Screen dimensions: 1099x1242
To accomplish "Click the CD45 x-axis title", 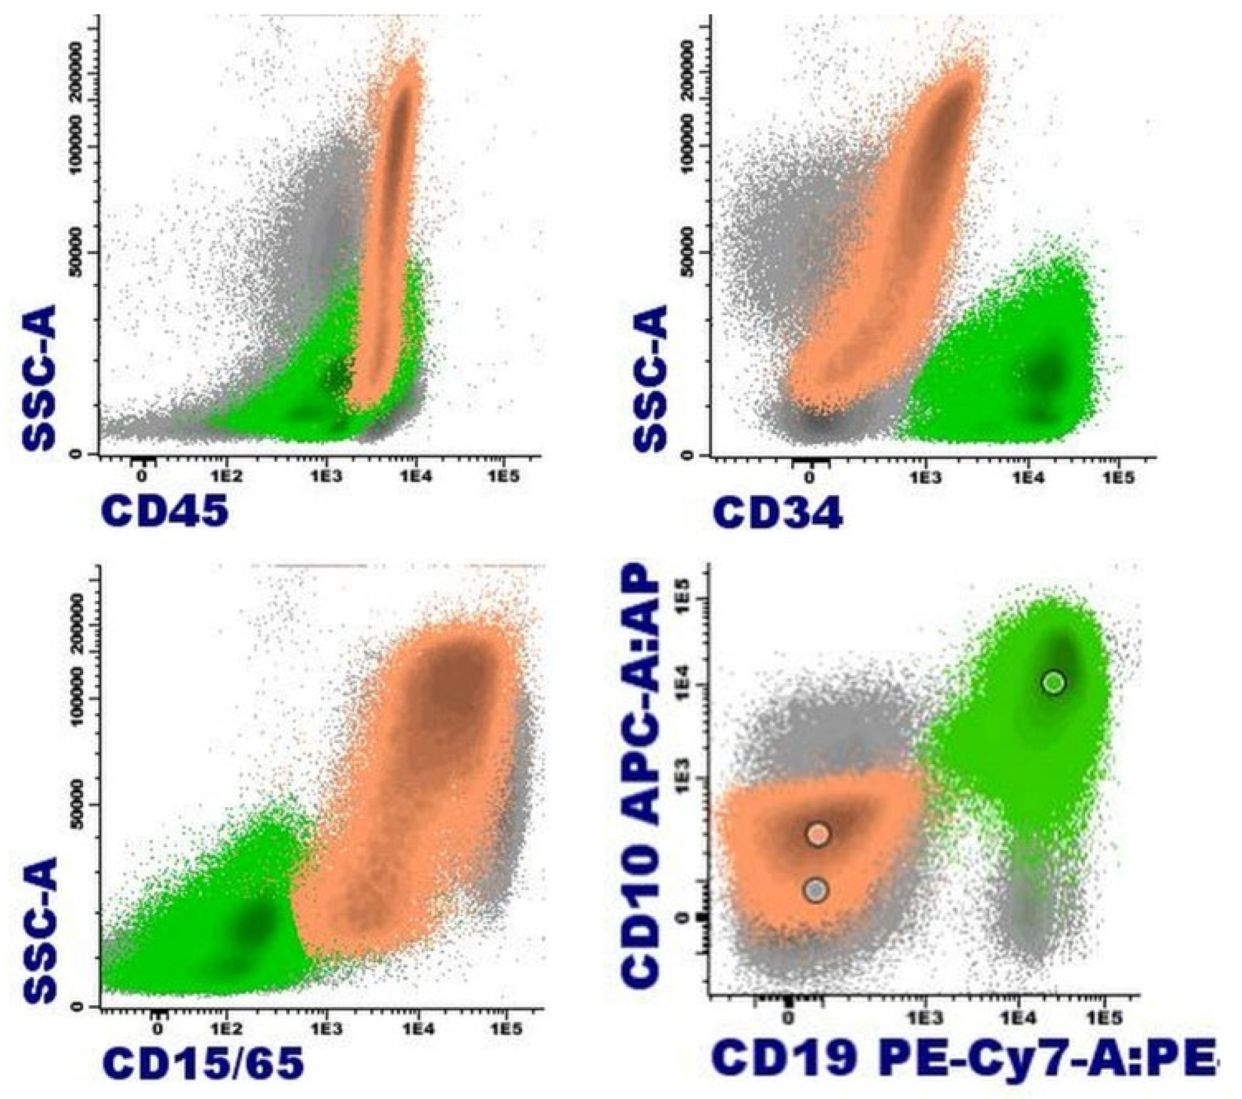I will (x=165, y=511).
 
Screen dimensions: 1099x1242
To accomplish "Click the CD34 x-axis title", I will (x=777, y=513).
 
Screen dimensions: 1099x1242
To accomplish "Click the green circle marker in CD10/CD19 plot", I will (x=1054, y=682).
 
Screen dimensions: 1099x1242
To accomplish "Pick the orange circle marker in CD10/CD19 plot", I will (x=818, y=834).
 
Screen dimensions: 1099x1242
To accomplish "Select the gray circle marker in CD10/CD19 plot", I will (x=817, y=890).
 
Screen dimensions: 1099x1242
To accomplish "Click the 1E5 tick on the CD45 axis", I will (x=503, y=476).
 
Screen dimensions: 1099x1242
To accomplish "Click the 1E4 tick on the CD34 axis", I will (x=1027, y=478).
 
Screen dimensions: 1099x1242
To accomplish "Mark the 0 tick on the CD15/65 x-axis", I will (x=157, y=1029).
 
